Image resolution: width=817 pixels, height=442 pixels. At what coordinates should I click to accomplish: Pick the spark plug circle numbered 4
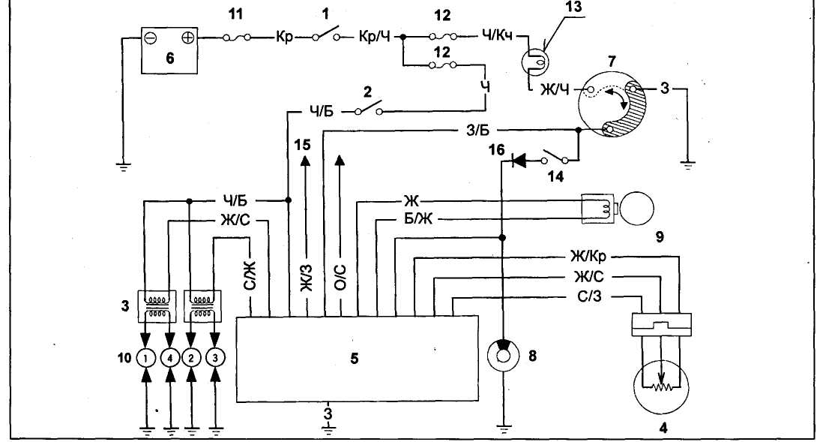click(170, 357)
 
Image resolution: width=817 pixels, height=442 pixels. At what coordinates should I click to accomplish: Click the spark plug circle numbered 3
click(217, 357)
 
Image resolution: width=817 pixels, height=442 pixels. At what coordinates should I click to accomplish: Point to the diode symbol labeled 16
click(518, 159)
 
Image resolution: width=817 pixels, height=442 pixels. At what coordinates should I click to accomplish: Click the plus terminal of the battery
click(188, 36)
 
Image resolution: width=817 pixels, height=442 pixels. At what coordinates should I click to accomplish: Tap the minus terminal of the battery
click(150, 36)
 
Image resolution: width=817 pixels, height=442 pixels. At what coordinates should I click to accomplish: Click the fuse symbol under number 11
click(239, 35)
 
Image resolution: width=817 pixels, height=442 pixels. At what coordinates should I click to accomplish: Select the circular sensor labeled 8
click(503, 355)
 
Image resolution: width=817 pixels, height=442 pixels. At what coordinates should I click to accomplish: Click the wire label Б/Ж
click(411, 220)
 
